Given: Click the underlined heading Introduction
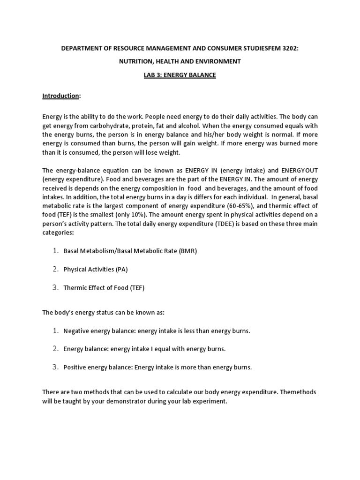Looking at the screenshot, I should (x=60, y=96).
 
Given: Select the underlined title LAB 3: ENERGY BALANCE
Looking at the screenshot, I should (x=180, y=75).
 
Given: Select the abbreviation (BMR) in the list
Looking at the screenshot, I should (x=187, y=251).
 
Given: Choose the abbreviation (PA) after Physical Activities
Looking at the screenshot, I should (x=121, y=270).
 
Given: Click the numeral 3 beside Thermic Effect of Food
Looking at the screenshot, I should (x=55, y=288).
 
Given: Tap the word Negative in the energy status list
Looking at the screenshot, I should (x=76, y=331).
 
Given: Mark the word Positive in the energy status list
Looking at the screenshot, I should (x=75, y=367).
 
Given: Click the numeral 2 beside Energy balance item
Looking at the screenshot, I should (x=55, y=349).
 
